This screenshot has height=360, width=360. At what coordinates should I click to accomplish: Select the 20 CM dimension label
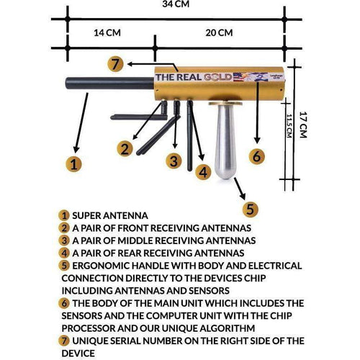point(218,33)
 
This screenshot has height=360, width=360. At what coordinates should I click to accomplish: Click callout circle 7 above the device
point(115,63)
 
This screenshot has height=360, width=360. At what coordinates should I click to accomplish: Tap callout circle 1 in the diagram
point(72,163)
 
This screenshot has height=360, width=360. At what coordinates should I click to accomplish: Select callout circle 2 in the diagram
point(125,149)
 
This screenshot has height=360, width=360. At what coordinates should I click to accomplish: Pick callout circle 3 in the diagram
point(173,161)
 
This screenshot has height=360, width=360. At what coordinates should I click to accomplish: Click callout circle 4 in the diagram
point(204,171)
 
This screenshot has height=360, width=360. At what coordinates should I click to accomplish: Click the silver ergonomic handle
point(225,144)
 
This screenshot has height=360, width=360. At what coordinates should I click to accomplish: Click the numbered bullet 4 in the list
point(64,253)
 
